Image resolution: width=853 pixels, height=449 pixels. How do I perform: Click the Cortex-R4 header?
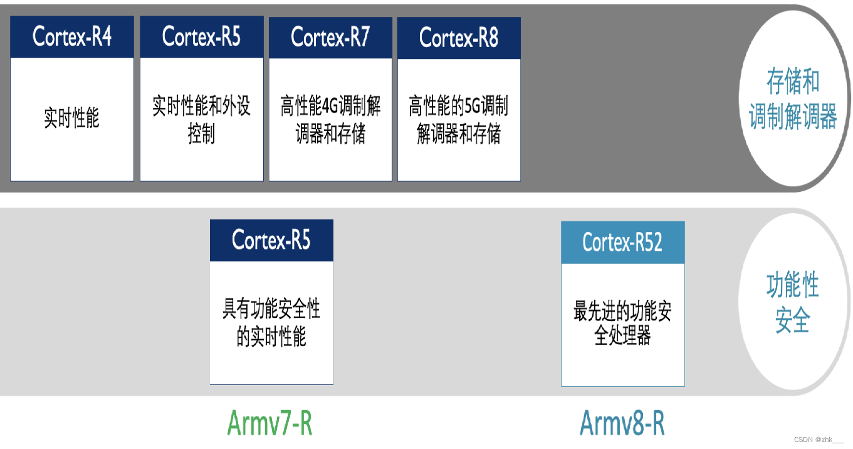coord(72,37)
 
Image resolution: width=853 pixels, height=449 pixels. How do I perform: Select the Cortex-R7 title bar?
coord(330,37)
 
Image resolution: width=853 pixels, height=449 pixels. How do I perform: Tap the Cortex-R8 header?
coord(459,38)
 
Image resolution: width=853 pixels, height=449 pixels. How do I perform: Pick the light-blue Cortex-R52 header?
coord(622,242)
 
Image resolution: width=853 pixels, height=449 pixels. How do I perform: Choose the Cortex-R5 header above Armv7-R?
coord(271,240)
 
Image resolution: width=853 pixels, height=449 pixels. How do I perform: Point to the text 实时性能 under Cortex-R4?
coord(72,119)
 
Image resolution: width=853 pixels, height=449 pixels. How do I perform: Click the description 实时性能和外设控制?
coord(201,119)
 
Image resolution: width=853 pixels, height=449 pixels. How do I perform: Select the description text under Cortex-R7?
coord(330,120)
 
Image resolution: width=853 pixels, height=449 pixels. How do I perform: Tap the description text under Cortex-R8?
coord(459,120)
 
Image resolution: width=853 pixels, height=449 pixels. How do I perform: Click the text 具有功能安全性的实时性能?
coord(271,323)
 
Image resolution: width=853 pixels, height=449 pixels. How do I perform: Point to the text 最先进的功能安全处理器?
coord(622,323)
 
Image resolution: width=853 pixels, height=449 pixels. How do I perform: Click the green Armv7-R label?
coord(270,423)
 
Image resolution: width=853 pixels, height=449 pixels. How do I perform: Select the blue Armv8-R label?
coord(622,423)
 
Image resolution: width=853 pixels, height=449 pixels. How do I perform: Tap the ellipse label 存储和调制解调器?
coord(793,99)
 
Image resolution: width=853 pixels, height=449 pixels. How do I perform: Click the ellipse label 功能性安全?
coord(793,304)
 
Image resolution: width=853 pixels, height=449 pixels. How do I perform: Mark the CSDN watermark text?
coord(819,440)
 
